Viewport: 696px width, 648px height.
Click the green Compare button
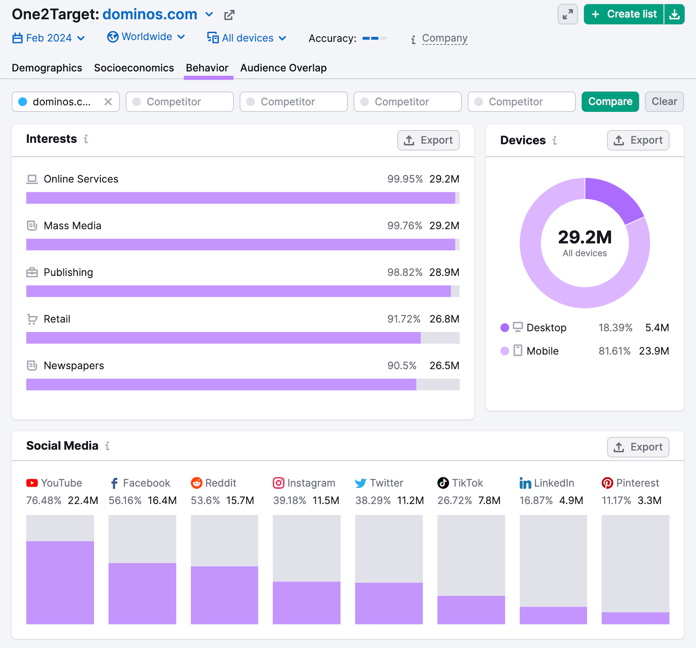610,102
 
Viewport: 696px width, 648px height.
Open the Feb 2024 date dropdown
49,38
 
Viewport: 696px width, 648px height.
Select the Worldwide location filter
146,37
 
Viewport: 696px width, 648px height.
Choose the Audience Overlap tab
283,68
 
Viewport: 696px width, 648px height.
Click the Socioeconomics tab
134,68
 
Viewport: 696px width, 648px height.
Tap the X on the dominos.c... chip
108,102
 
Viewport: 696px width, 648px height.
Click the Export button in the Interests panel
428,140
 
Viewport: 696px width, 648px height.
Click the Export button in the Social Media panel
638,447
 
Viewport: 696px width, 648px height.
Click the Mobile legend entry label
542,351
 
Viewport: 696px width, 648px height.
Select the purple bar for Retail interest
223,338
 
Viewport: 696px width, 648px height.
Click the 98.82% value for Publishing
405,272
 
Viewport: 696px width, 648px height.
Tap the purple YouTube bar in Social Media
60,582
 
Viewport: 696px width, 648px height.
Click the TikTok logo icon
443,483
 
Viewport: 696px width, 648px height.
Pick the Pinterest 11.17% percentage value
616,500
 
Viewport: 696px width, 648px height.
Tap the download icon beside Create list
674,14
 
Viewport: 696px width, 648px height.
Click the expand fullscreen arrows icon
568,14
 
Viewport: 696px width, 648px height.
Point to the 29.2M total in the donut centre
585,238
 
